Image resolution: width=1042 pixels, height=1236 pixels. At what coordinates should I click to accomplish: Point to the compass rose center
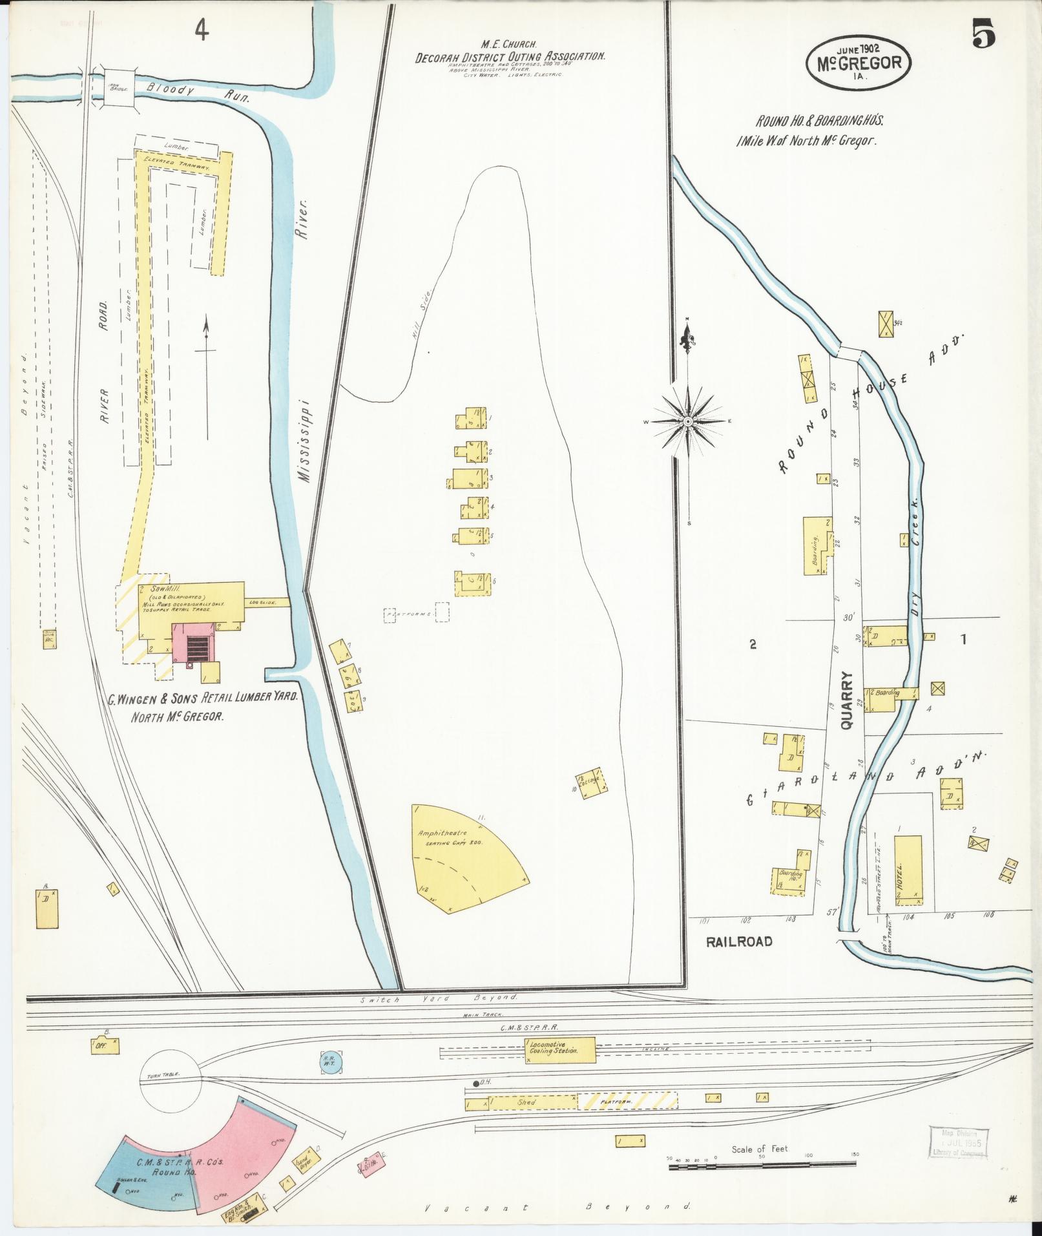[x=689, y=421]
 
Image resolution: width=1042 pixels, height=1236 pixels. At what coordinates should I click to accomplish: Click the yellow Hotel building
[x=908, y=869]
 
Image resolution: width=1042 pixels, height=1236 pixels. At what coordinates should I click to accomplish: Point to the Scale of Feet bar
[x=762, y=1162]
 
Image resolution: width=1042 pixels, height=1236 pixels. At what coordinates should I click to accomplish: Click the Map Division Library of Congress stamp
[x=958, y=1143]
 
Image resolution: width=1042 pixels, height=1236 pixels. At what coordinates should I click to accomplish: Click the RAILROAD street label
[x=739, y=941]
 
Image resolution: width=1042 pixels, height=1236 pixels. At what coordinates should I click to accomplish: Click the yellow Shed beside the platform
[x=527, y=1102]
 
